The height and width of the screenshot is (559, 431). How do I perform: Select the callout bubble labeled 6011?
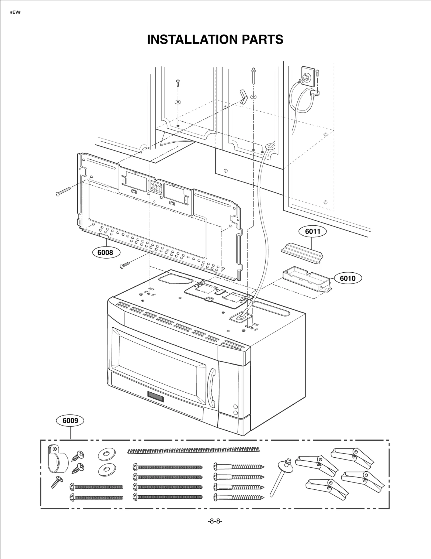[312, 231]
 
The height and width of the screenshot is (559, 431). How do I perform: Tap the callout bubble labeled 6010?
[347, 278]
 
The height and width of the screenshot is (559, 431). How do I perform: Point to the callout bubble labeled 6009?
[70, 420]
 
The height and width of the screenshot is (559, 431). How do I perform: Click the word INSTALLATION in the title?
[192, 39]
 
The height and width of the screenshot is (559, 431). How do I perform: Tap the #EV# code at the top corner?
[15, 13]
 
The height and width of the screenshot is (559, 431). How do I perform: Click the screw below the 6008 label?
[125, 265]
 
